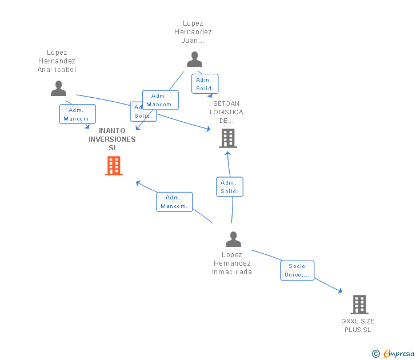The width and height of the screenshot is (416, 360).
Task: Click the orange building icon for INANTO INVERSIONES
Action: coord(114,165)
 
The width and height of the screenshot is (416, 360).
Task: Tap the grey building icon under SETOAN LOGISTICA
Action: coord(227,138)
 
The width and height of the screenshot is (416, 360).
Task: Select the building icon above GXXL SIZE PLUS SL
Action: coord(359,305)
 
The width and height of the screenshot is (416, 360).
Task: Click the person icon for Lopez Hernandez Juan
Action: coord(194,59)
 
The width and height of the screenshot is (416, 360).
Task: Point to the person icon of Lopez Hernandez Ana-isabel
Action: coord(58,88)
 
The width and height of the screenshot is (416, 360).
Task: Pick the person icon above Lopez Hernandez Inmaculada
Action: coord(233,239)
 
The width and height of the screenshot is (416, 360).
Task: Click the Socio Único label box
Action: coord(297,270)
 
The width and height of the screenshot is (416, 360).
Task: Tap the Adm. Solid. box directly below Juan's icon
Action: coord(205,84)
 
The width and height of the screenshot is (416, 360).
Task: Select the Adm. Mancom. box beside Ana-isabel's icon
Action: coord(77,114)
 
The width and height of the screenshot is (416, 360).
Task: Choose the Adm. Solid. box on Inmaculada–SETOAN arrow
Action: coord(230,187)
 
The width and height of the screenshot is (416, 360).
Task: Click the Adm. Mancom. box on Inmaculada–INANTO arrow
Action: coord(174,202)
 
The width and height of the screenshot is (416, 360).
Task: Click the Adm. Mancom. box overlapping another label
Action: coord(160,100)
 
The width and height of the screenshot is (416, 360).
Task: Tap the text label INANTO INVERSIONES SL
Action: coord(112,139)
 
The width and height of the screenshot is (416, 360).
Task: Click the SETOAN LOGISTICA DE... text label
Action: coord(226,112)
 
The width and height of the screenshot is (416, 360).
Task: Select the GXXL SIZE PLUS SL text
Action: coord(358,325)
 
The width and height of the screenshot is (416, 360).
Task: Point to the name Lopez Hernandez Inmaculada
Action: coord(232,263)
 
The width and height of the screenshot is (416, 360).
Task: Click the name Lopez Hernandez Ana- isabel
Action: coord(57,61)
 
